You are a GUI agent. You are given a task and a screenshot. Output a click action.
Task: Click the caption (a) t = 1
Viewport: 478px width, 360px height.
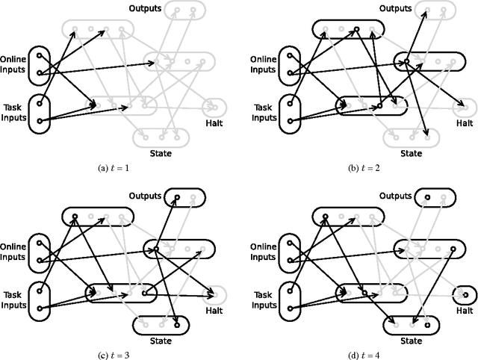(x=114, y=169)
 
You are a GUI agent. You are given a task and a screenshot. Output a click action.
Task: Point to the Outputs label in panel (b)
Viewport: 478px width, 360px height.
(x=394, y=9)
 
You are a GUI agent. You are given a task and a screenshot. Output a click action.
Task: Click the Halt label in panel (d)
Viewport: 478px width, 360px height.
(x=465, y=309)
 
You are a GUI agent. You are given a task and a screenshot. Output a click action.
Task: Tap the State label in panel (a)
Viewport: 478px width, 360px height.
(x=161, y=154)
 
